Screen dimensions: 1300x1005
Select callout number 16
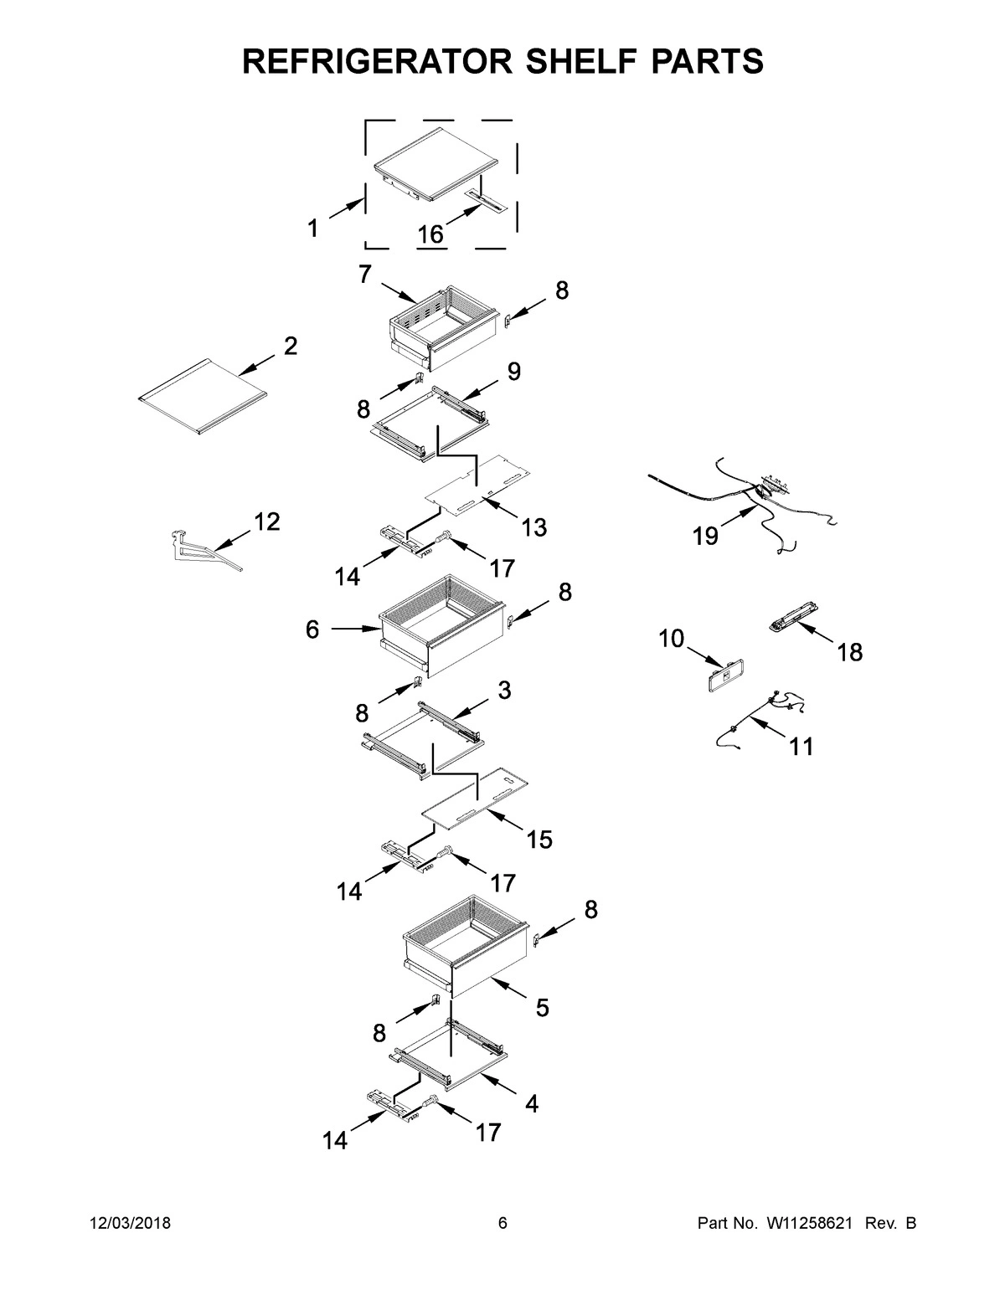pyautogui.click(x=430, y=234)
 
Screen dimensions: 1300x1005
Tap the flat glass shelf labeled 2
pyautogui.click(x=203, y=398)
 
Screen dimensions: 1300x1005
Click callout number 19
pyautogui.click(x=705, y=536)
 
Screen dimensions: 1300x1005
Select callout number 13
pyautogui.click(x=533, y=527)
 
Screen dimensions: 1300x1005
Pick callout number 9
pyautogui.click(x=513, y=371)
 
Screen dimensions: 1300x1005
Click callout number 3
pyautogui.click(x=504, y=690)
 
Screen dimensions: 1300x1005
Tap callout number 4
pyautogui.click(x=531, y=1103)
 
